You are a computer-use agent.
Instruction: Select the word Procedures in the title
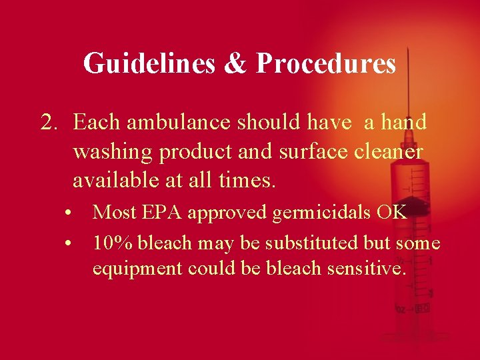tap(326, 64)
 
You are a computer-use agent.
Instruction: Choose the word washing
tap(113, 152)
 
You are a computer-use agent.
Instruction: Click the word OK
tap(391, 213)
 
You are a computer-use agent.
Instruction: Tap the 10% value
tap(111, 243)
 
